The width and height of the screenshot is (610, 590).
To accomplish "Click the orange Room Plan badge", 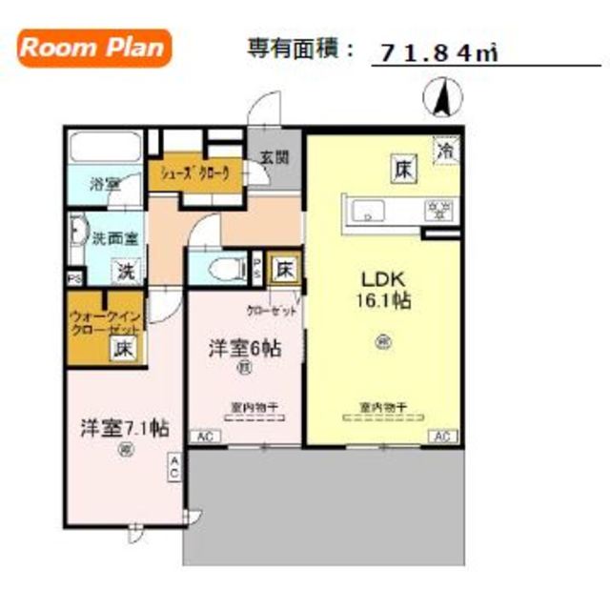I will (93, 48).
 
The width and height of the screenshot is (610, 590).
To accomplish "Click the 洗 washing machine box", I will (125, 271).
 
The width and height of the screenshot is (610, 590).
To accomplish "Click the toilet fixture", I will (218, 268).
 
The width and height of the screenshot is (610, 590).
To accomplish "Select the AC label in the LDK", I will (442, 437).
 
